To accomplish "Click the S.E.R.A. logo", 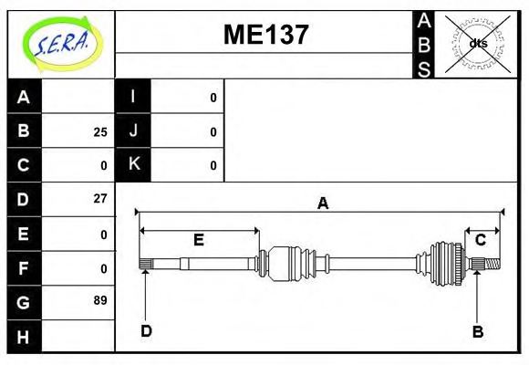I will [59, 44].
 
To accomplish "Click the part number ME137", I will [265, 35].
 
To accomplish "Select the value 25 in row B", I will [99, 131].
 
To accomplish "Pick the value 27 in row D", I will [99, 198].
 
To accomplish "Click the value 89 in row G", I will [99, 299].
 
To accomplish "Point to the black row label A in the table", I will [24, 98].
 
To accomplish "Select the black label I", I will [133, 98].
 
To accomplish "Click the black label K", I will [133, 165].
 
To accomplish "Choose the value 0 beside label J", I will [213, 131].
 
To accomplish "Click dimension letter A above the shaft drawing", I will [322, 204].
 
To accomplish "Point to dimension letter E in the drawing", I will [198, 240].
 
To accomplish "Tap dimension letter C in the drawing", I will [480, 240].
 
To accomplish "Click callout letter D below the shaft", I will [146, 331].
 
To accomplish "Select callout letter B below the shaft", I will [477, 331].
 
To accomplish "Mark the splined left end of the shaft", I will [145, 265].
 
